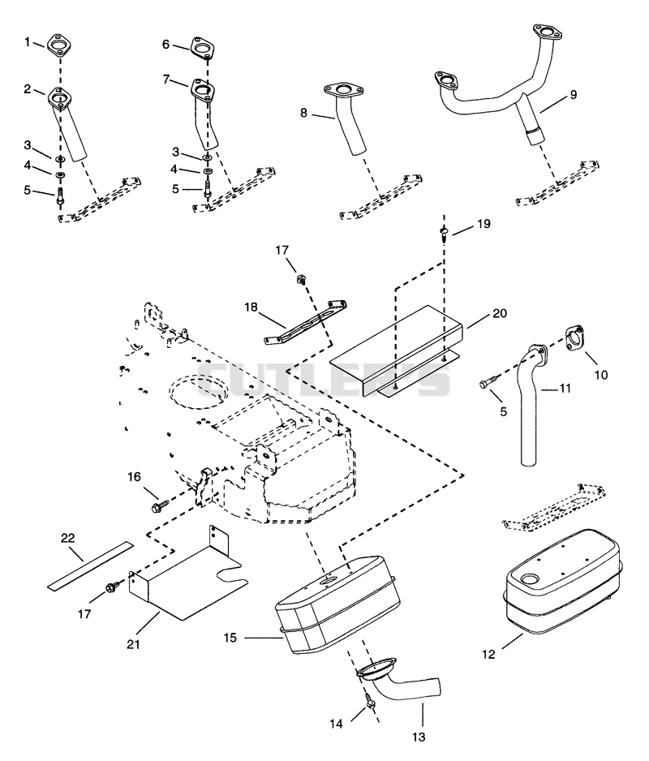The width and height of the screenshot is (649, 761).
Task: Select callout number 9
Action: [x=574, y=94]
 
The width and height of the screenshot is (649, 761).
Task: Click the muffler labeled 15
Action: [x=337, y=604]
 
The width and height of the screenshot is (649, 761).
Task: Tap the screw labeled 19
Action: [x=444, y=233]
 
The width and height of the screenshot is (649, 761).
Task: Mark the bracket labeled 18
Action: [x=306, y=322]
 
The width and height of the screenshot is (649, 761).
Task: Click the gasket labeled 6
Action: [x=202, y=49]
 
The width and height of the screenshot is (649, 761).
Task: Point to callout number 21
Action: [x=134, y=644]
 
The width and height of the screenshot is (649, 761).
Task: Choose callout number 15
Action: [x=230, y=638]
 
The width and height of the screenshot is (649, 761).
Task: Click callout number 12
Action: [x=488, y=654]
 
